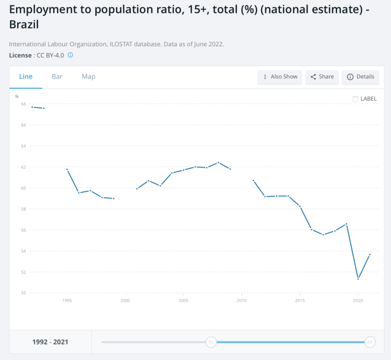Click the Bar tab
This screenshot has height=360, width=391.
(57, 77)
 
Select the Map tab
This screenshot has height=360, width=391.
(89, 77)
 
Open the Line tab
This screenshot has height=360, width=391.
(26, 77)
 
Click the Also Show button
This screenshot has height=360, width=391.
(280, 77)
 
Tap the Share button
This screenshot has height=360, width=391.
(322, 77)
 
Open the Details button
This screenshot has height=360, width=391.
(361, 77)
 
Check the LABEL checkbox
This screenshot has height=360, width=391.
(355, 99)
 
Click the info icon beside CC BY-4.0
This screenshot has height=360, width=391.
(71, 55)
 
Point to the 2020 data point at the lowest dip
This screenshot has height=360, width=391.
(358, 279)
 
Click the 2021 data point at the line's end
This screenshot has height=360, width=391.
(369, 255)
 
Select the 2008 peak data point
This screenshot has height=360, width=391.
(218, 162)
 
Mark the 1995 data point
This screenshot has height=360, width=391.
(67, 170)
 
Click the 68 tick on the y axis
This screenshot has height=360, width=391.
(23, 104)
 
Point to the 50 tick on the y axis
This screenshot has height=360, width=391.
(23, 293)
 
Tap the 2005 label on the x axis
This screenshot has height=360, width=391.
(183, 301)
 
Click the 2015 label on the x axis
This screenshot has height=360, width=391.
(300, 301)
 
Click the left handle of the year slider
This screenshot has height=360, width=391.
(211, 342)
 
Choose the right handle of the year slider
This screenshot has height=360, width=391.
(369, 342)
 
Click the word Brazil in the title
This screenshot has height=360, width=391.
(24, 24)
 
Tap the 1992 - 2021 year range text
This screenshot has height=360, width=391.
(50, 342)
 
